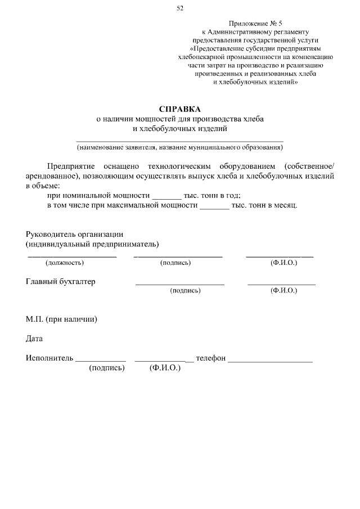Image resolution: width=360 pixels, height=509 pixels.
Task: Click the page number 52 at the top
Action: coord(179,8)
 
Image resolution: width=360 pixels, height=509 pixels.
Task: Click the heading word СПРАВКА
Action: coord(179,109)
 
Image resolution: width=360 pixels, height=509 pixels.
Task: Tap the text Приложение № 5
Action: coord(255,23)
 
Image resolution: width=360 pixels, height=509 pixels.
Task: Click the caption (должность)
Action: coord(65,263)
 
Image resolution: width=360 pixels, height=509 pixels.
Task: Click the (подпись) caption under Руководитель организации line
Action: coord(175,263)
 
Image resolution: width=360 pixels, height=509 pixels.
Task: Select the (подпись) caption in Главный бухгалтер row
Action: coord(185,291)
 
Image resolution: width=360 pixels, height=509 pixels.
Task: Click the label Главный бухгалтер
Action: coord(61,282)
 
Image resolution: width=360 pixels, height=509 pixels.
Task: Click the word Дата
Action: coord(34,339)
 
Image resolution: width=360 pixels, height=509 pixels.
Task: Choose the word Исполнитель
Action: coord(49,358)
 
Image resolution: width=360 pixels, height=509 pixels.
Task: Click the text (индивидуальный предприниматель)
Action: coord(92,244)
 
